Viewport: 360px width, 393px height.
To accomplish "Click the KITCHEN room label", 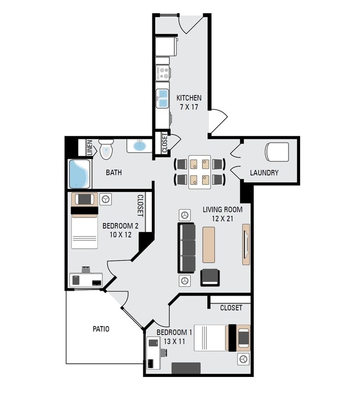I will coord(188,98).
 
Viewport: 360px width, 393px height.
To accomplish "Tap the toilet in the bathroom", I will coord(106,148).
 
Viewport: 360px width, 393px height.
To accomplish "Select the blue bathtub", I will coord(80,173).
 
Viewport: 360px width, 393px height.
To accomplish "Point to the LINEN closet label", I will coord(89,147).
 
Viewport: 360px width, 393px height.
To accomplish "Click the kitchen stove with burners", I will coord(163,73).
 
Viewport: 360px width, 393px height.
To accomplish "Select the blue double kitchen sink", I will coord(162,99).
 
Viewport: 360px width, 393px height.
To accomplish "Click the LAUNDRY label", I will coord(264,173).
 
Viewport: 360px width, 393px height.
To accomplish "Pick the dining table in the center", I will coord(199,172).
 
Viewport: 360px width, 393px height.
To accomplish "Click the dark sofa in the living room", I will coord(187,247).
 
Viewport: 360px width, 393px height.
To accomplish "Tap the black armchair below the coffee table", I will coord(210,277).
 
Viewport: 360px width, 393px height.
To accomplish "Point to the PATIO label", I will coord(100,329).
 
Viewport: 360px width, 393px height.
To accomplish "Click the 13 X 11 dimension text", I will coord(173,342).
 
